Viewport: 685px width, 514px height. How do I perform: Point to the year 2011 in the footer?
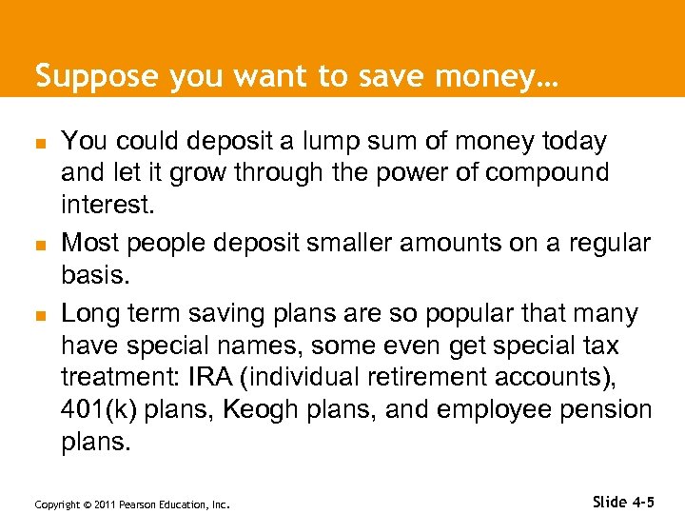point(100,504)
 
